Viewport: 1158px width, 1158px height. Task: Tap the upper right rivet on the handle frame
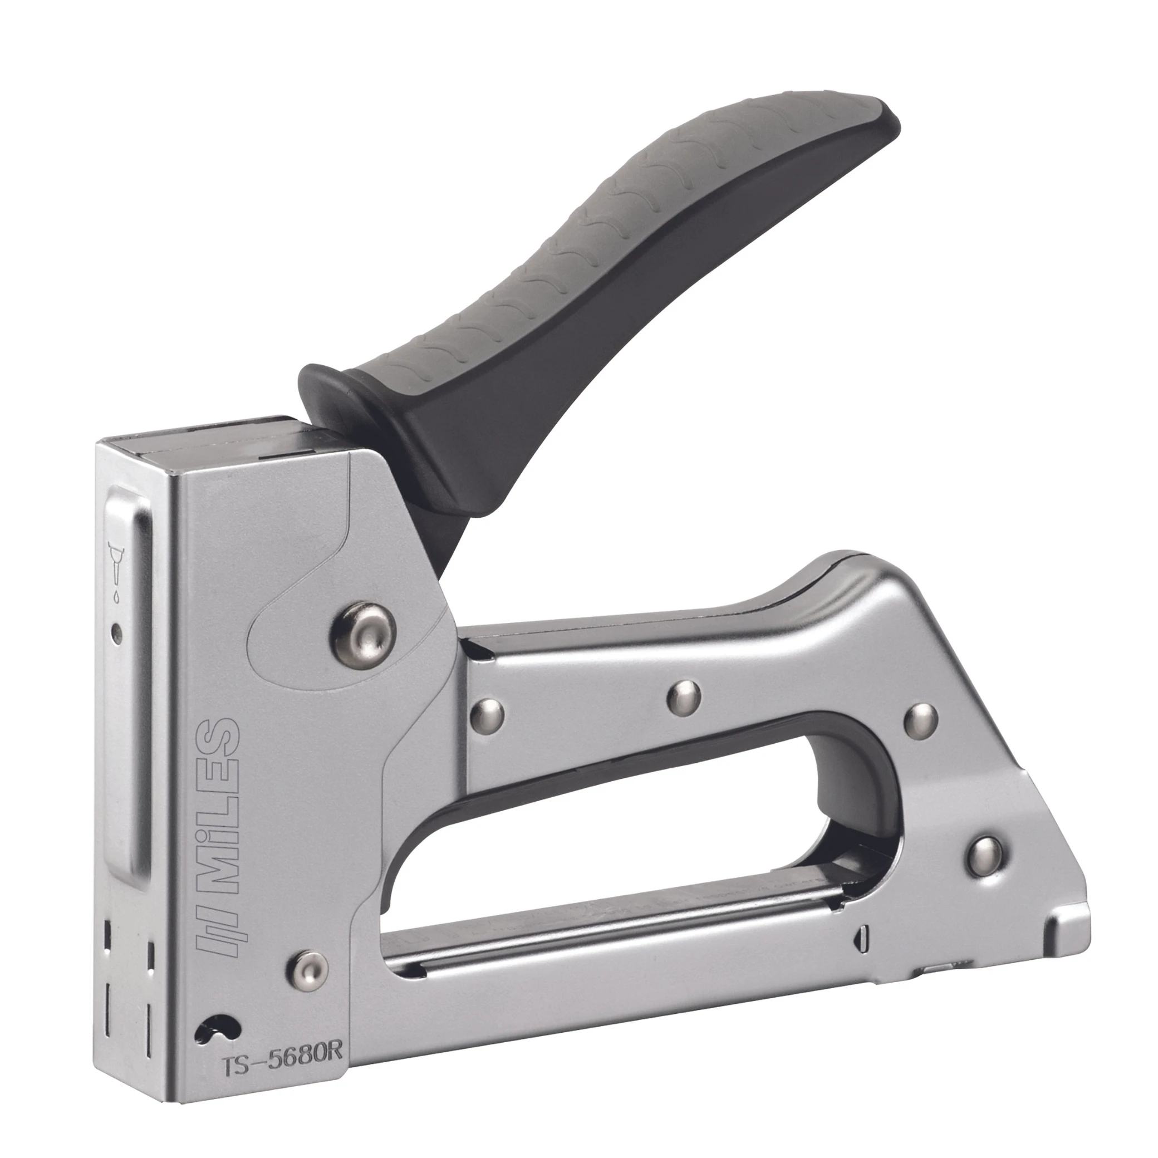[x=920, y=719]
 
